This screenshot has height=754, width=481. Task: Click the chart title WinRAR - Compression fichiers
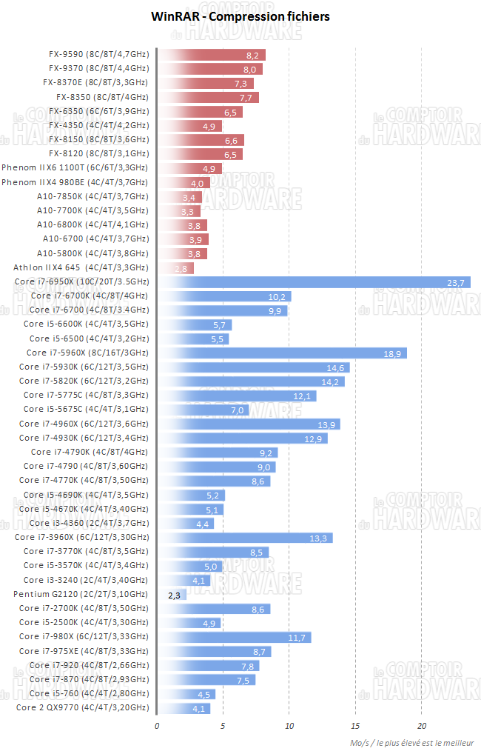point(240,16)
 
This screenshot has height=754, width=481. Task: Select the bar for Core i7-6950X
point(314,281)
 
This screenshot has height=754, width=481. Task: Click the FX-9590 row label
point(98,54)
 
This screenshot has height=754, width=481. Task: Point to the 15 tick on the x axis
point(355,726)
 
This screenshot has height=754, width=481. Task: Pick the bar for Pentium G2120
point(172,594)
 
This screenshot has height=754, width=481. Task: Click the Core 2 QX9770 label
point(81,707)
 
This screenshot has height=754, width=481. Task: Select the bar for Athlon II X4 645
point(176,267)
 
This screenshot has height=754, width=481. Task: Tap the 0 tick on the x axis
point(157,726)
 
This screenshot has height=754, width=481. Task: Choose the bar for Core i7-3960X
point(245,537)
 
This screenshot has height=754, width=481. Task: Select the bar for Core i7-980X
point(235,637)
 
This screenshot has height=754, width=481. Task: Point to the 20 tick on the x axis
point(421,726)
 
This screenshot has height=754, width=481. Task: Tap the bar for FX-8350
point(208,97)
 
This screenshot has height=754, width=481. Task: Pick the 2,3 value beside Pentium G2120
point(175,594)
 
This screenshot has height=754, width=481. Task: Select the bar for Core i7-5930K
point(254,367)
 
